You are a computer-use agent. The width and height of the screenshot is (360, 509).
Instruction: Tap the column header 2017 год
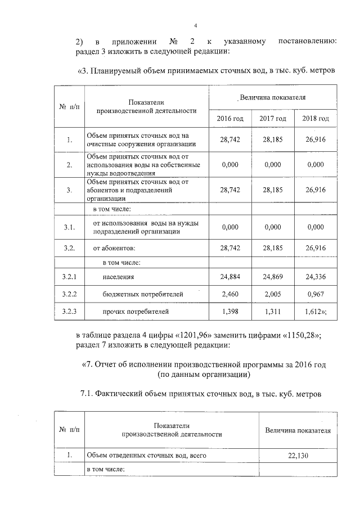[x=273, y=119]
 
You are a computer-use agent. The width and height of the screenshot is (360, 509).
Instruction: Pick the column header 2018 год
[x=316, y=119]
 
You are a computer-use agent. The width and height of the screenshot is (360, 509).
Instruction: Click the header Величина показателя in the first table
[x=273, y=97]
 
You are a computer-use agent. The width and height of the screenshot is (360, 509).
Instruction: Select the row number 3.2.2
[x=69, y=294]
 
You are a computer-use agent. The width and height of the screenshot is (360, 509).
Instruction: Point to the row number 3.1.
[x=69, y=227]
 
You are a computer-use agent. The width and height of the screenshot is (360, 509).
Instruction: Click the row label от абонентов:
[x=114, y=247]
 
